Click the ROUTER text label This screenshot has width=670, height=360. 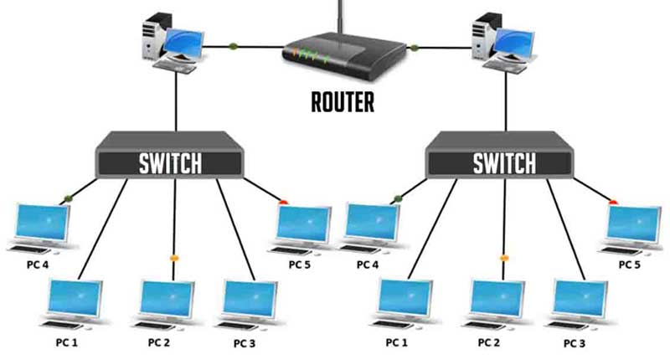(x=343, y=102)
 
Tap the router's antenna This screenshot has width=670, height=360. (x=340, y=17)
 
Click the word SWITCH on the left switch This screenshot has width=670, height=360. (x=170, y=163)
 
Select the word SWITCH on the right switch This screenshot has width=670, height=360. (x=504, y=163)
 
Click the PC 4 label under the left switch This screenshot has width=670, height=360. (x=38, y=265)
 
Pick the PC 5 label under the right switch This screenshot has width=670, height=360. (x=630, y=265)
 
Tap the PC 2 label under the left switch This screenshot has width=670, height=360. (x=159, y=342)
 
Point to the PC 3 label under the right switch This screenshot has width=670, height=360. (x=575, y=343)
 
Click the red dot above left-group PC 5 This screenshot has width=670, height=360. (x=283, y=203)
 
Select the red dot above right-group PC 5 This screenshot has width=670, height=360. (x=613, y=203)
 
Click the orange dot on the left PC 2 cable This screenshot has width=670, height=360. (x=173, y=258)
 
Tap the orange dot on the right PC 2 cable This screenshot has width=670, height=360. (x=504, y=258)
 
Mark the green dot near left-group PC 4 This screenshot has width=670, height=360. (x=68, y=198)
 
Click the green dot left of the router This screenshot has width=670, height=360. (x=233, y=46)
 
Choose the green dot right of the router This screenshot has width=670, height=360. (x=413, y=48)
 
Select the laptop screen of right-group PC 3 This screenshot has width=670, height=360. (x=580, y=298)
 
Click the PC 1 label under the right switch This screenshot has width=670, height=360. (x=396, y=342)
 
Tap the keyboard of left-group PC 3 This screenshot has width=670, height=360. (x=238, y=326)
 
